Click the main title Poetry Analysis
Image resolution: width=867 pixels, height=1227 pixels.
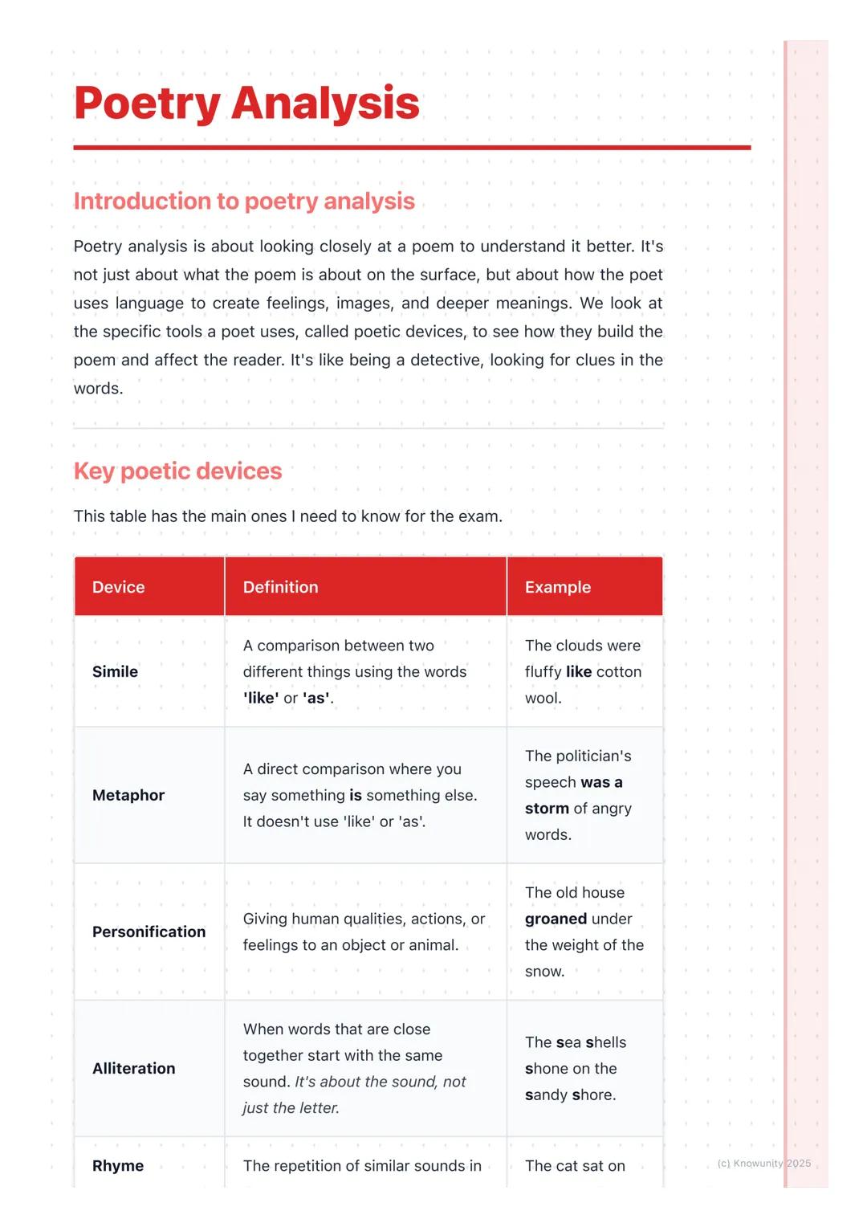tap(246, 104)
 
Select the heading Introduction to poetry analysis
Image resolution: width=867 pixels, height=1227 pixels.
tap(244, 201)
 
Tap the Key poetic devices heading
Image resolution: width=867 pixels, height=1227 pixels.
tap(177, 471)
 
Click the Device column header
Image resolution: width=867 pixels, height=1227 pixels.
tap(118, 587)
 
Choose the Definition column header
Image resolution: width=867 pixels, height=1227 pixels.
tap(280, 587)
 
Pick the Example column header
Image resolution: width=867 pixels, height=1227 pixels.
tap(557, 587)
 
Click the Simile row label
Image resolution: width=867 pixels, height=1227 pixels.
tap(115, 671)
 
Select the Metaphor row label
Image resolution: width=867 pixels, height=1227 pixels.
tap(128, 795)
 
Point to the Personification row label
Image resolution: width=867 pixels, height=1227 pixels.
tap(149, 931)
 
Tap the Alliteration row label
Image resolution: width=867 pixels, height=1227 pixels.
tap(133, 1068)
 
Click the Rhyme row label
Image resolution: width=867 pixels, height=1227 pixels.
tap(117, 1165)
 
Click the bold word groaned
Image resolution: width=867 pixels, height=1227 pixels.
tap(556, 919)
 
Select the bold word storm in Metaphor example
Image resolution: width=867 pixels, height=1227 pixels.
tap(547, 809)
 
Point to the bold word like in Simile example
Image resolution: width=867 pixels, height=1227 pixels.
tap(578, 671)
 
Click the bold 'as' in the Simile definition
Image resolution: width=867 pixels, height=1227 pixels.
tap(316, 698)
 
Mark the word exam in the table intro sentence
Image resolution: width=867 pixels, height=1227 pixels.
tap(478, 516)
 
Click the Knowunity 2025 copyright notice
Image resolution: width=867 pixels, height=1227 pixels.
tap(763, 1163)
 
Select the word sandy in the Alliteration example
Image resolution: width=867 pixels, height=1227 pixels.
tap(546, 1095)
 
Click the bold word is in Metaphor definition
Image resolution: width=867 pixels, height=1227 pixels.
tap(355, 795)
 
